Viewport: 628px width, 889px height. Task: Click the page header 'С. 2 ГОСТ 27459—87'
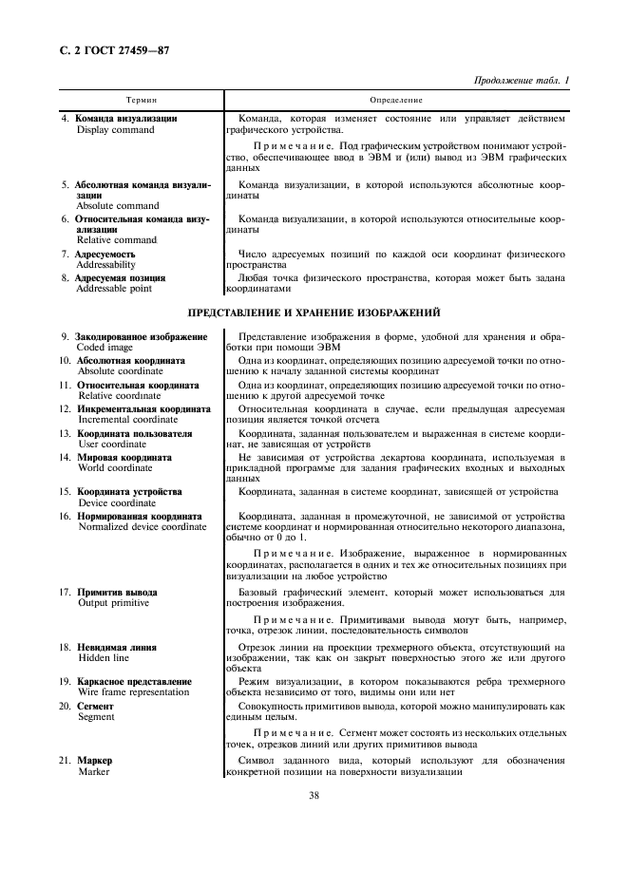coord(111,49)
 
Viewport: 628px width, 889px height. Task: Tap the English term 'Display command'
coord(115,130)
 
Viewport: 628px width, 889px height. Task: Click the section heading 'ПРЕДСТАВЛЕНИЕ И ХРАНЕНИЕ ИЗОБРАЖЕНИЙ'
coord(314,312)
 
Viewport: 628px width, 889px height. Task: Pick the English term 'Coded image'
coord(105,348)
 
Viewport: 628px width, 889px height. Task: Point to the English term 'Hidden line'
coord(103,658)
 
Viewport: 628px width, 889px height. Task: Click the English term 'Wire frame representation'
coord(134,693)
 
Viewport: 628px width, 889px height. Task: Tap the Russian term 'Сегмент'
coord(98,706)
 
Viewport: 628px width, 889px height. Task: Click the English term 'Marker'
coord(93,772)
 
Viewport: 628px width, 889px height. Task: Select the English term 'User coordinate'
coord(112,444)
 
